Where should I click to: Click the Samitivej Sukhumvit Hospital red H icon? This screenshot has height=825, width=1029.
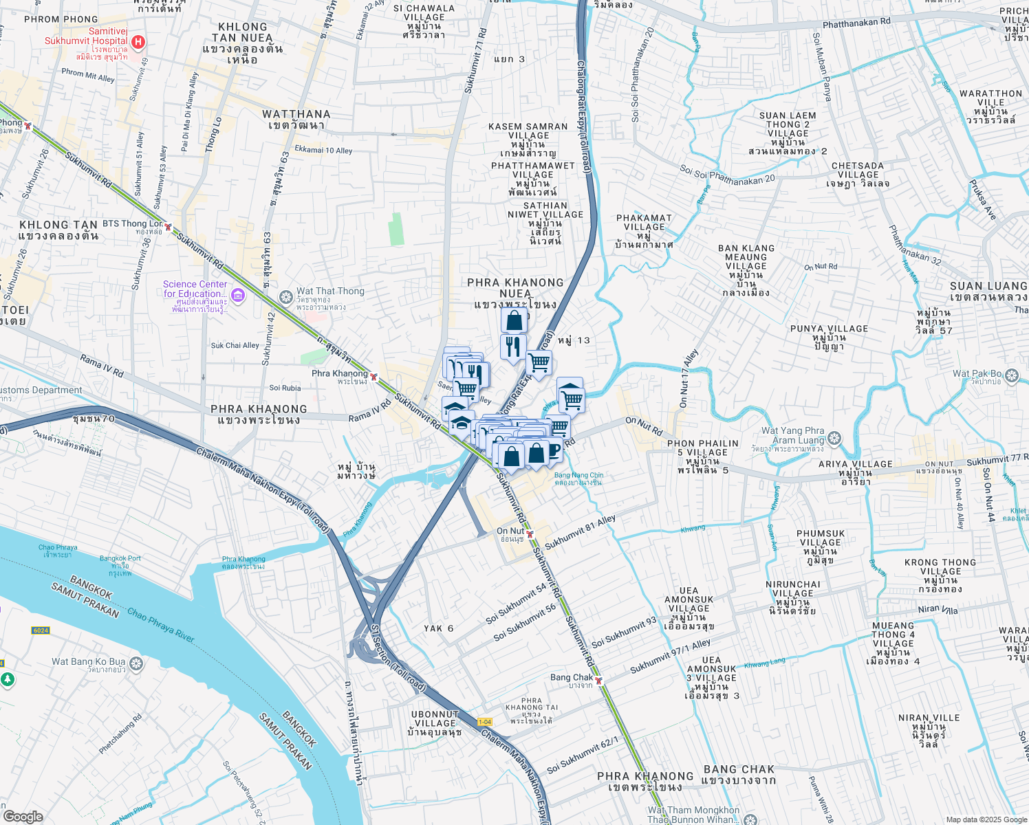click(138, 43)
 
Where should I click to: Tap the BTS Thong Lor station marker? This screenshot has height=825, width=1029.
click(168, 226)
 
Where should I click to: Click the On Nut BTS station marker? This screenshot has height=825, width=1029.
click(530, 533)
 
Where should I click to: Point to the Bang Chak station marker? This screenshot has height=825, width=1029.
click(598, 681)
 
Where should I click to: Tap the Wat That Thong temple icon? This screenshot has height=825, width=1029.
click(286, 297)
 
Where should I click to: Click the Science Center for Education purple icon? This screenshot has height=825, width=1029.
click(238, 296)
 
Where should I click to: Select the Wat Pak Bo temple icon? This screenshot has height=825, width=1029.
click(1011, 375)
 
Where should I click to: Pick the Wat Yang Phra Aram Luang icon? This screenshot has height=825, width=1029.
click(834, 438)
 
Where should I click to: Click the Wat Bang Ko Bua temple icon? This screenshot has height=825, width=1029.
click(136, 663)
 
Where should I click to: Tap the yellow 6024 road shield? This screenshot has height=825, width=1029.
click(41, 630)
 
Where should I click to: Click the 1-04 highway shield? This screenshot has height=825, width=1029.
click(485, 721)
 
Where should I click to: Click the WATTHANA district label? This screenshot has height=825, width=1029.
click(296, 114)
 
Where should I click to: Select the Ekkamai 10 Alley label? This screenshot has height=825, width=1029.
click(323, 150)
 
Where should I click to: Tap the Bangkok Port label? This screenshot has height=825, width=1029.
click(120, 558)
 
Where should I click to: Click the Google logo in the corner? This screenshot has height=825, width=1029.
click(23, 817)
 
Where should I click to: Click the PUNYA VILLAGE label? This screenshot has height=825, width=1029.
click(829, 329)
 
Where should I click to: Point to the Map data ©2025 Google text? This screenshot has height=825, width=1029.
click(985, 819)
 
